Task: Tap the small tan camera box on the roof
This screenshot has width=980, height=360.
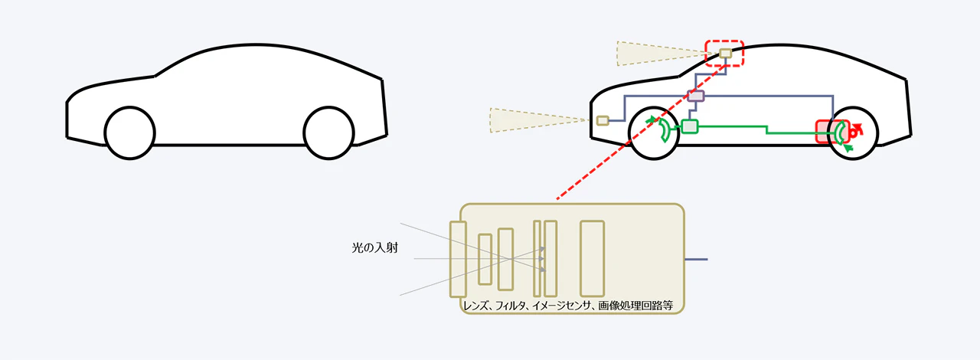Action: (x=725, y=54)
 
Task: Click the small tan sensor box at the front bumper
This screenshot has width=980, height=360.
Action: (x=603, y=120)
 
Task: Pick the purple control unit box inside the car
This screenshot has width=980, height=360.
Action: (x=695, y=96)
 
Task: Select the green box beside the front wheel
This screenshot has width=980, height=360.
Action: (x=690, y=126)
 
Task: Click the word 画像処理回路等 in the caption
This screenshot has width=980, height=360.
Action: (x=635, y=304)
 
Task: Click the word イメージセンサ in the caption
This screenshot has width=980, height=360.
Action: (x=557, y=304)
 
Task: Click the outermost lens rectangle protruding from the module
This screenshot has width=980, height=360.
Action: (x=458, y=258)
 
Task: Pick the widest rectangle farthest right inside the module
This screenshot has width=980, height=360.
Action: (x=592, y=258)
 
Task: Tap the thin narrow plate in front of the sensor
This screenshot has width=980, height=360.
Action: (x=537, y=258)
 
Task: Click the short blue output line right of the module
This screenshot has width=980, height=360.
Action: (x=695, y=259)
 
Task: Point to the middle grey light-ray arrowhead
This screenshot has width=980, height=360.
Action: (x=543, y=259)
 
